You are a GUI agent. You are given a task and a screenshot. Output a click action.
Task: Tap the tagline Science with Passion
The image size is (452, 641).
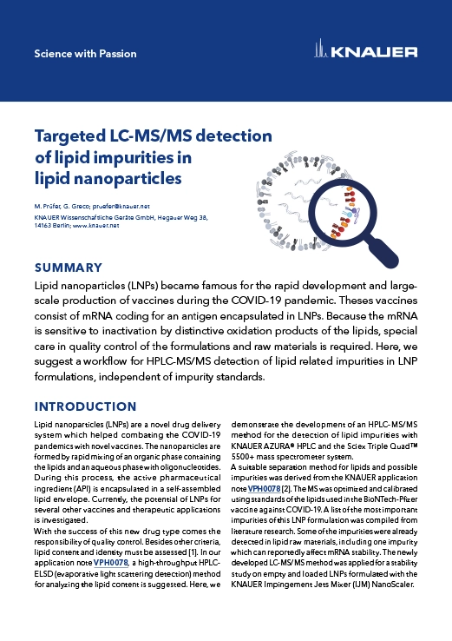(x=85, y=54)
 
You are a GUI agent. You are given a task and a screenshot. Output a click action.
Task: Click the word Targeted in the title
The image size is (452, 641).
(x=72, y=136)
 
